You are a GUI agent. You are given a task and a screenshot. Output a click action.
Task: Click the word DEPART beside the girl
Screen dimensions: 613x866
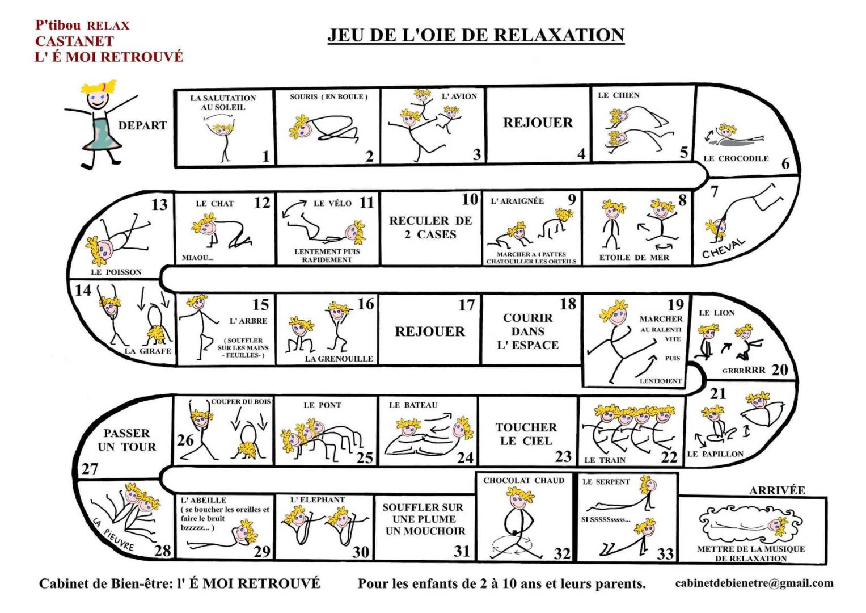pos(142,125)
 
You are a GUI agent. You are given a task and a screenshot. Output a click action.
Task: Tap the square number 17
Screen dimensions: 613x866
pos(466,305)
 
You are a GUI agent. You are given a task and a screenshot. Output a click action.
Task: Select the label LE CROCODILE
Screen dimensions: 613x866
pos(736,158)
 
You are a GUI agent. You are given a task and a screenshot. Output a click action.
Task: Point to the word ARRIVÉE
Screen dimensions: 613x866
pos(777,490)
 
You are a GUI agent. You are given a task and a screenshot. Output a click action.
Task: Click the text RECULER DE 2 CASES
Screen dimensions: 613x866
pos(430,227)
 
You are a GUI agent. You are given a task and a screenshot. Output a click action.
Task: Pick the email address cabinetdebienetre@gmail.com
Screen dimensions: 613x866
pos(754,583)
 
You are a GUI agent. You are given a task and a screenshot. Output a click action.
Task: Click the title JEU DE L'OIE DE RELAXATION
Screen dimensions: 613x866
pos(476,35)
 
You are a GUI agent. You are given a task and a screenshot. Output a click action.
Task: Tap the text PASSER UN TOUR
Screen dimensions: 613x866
pos(126,440)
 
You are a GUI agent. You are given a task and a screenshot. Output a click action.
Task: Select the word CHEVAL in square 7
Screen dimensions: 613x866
pos(723,248)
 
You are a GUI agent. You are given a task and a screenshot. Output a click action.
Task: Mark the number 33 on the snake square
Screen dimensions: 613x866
pos(665,553)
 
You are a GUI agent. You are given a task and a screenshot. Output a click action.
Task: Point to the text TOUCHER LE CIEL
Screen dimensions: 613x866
pos(526,434)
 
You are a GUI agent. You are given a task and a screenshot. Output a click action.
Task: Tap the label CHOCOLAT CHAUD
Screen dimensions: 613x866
pos(523,481)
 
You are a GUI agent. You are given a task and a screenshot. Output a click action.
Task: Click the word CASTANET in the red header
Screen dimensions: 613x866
pos(74,41)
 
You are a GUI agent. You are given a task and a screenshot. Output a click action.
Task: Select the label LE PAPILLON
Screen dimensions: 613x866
pos(715,454)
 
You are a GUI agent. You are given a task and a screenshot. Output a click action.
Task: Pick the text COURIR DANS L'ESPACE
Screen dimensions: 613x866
pos(527,331)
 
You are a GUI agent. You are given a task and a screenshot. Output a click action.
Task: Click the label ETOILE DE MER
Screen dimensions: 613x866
pos(634,257)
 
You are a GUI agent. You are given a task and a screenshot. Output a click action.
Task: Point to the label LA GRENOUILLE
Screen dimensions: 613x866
pos(339,359)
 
